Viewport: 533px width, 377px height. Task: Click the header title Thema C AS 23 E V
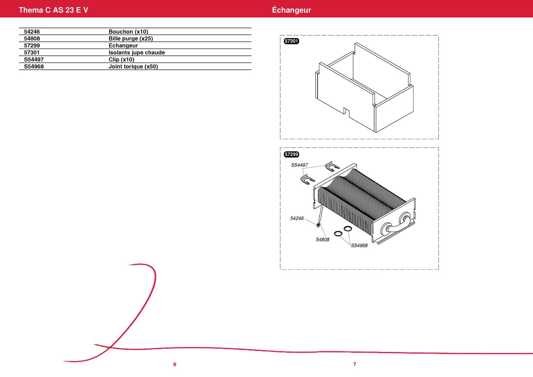53,10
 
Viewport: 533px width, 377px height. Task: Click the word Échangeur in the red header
291,10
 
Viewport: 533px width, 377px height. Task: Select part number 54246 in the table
32,32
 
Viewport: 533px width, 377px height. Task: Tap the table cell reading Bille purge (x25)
131,39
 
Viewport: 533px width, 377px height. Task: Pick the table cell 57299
32,45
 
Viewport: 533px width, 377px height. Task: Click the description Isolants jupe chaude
136,53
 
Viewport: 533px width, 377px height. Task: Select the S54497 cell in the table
34,59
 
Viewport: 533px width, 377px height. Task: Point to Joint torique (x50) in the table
133,67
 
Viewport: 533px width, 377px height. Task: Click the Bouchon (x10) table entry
128,32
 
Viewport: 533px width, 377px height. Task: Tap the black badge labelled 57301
291,41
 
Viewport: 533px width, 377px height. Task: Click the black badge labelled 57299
291,154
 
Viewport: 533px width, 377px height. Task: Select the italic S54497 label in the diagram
299,165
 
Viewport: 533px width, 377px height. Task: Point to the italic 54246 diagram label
297,218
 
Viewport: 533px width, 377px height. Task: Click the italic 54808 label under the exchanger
322,240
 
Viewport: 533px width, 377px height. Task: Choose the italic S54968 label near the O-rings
359,245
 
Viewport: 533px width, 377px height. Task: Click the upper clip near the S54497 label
332,166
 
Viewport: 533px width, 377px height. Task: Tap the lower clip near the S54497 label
307,180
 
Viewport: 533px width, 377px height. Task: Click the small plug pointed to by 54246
318,224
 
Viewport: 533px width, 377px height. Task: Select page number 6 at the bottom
175,364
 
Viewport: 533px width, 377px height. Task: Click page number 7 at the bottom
355,364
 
